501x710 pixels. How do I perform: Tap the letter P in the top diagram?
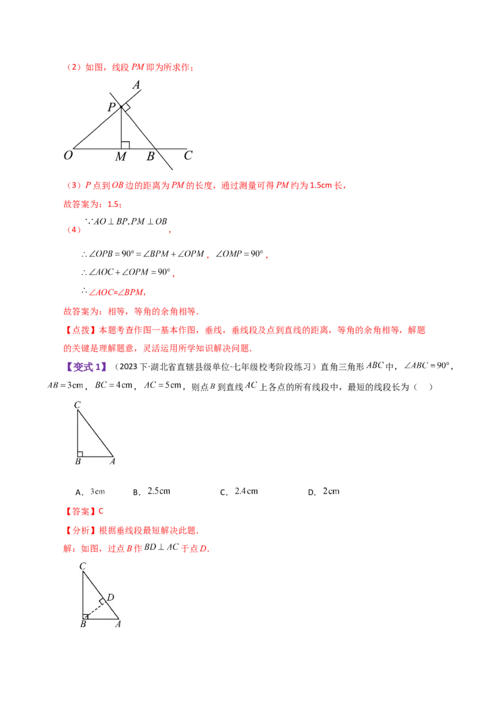click(111, 107)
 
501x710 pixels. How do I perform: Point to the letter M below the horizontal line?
click(121, 157)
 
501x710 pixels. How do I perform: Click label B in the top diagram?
click(150, 156)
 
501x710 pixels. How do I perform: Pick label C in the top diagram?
click(187, 155)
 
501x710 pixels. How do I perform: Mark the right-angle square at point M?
click(125, 145)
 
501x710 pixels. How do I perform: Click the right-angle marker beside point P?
click(126, 108)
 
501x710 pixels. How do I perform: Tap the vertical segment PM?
click(121, 129)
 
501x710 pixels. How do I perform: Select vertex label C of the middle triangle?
click(77, 405)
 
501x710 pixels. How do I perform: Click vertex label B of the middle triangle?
click(78, 462)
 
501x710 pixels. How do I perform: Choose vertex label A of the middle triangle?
click(112, 462)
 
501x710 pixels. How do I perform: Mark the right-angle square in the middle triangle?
click(80, 453)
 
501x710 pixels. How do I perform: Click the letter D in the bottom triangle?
click(110, 597)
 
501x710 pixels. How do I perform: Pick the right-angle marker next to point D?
click(102, 601)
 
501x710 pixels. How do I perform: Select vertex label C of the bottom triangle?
click(83, 566)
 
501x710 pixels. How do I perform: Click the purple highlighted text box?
click(87, 367)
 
